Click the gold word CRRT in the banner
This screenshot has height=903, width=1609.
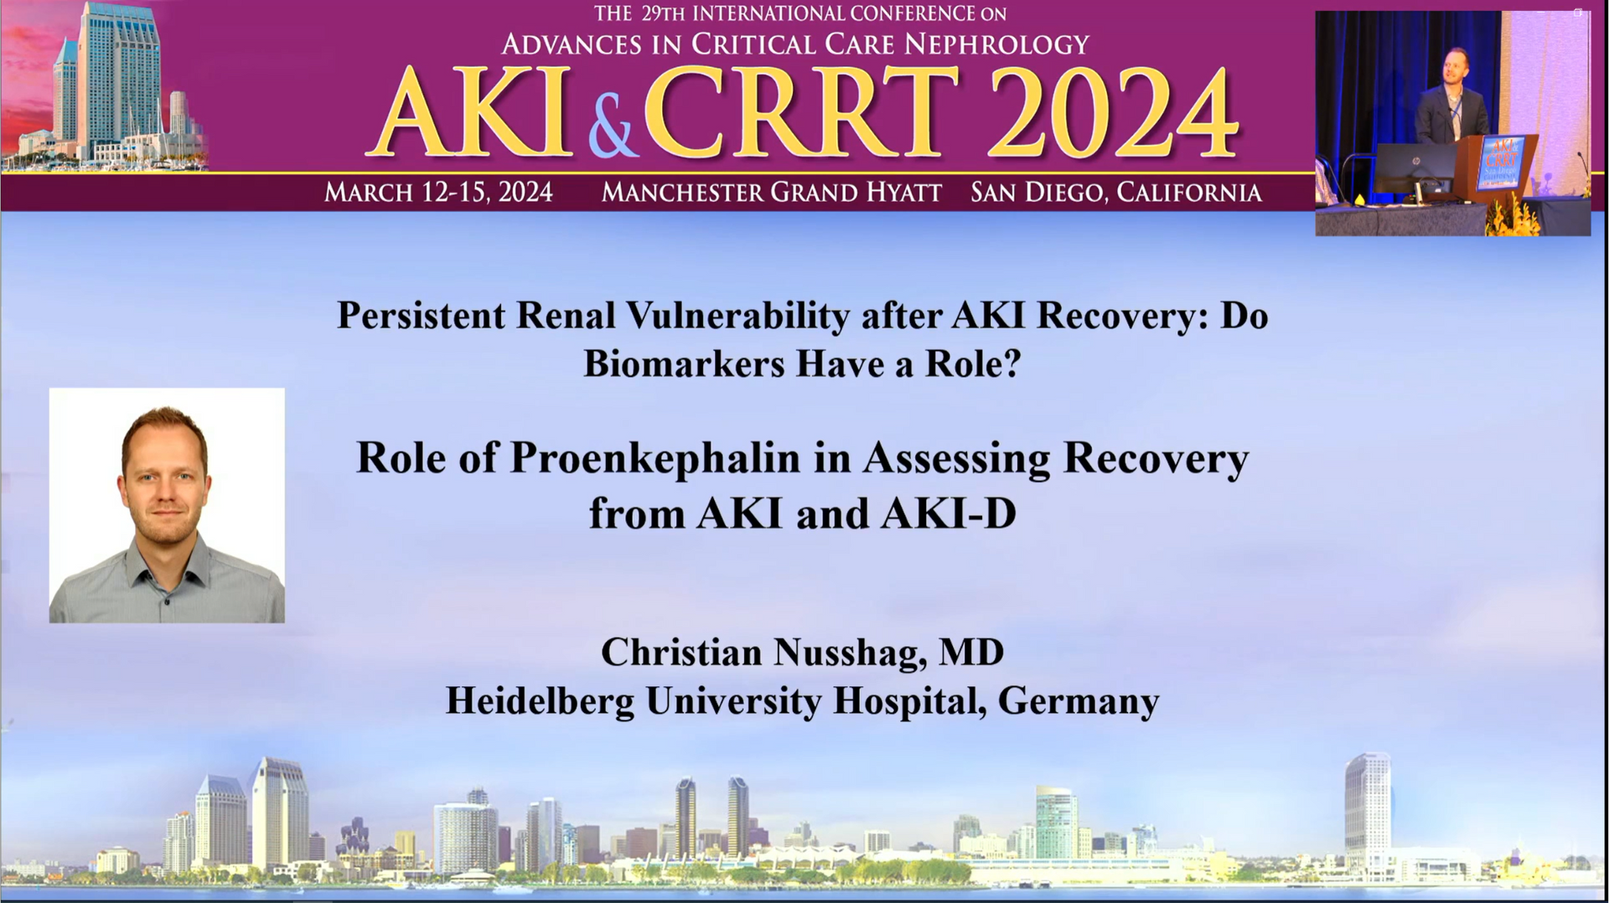point(800,112)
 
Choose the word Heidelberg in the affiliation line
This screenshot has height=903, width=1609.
point(540,700)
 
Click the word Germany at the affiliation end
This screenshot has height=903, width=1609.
point(1079,702)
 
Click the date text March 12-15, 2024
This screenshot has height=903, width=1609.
point(438,193)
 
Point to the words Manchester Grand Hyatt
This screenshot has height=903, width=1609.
point(772,193)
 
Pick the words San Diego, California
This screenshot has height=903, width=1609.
point(1116,193)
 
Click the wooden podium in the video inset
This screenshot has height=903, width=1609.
point(1496,172)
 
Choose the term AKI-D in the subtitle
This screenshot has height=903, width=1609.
point(949,513)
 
